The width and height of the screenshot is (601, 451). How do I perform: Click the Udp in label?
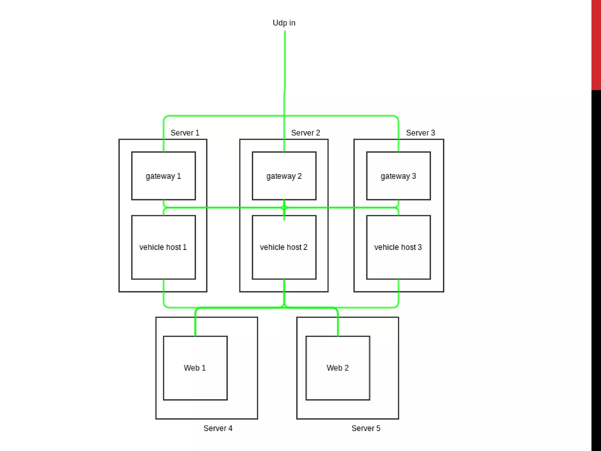click(x=284, y=23)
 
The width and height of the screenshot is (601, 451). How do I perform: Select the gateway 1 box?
click(x=163, y=176)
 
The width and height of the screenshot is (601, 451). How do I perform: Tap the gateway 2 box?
click(x=284, y=176)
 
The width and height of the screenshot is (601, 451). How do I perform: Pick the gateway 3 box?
click(x=398, y=176)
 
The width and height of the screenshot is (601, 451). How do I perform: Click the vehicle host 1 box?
click(x=163, y=247)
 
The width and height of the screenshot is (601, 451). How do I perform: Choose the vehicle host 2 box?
click(x=284, y=247)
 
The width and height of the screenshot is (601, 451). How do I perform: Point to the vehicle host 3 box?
click(x=398, y=247)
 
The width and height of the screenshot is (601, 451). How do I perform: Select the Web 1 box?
click(x=195, y=368)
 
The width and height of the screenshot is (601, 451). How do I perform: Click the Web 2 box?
click(x=338, y=368)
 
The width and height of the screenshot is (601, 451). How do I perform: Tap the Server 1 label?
click(x=185, y=133)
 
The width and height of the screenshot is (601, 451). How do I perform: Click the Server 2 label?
click(x=305, y=133)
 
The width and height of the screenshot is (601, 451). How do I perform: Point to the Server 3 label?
click(x=420, y=133)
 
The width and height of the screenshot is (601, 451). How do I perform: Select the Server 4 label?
click(x=218, y=428)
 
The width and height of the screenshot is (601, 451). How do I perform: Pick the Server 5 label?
click(x=366, y=428)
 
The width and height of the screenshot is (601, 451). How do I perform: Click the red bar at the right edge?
click(x=596, y=44)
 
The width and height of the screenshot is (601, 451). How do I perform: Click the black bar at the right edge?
click(x=596, y=264)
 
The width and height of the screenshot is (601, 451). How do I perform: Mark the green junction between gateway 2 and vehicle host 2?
click(x=284, y=208)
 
